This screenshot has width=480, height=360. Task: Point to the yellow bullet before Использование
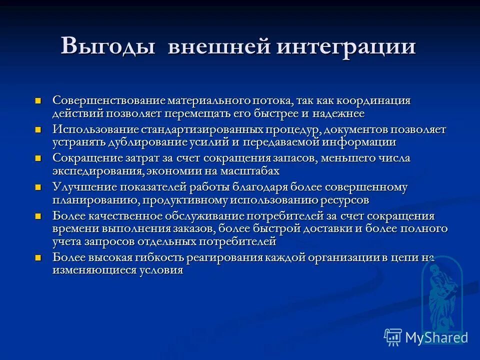coord(38,130)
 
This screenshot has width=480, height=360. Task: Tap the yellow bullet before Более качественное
coord(38,216)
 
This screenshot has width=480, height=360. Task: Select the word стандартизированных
coord(195,129)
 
